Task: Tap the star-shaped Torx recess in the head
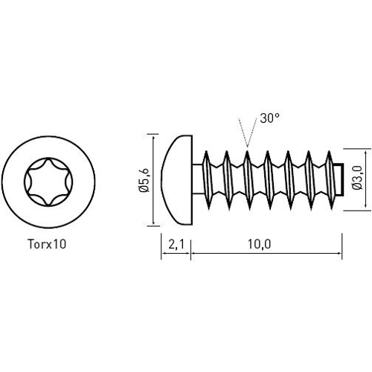[x=49, y=181]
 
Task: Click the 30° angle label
[x=269, y=118]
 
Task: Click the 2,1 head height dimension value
[x=176, y=243]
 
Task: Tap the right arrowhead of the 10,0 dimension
[x=339, y=254]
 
